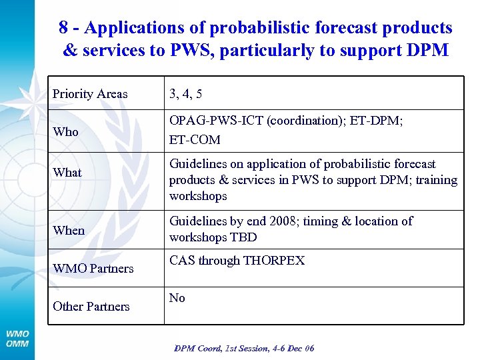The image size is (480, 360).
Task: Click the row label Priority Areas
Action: (x=90, y=94)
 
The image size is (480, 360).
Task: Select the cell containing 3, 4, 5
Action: (x=186, y=94)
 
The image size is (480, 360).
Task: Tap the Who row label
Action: (x=66, y=132)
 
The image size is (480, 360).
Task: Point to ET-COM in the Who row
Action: (x=195, y=140)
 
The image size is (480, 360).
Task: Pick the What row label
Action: (x=67, y=173)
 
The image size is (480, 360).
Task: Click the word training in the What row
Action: (x=437, y=180)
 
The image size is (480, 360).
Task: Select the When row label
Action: (x=69, y=231)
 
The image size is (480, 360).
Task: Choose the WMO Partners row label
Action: (x=93, y=269)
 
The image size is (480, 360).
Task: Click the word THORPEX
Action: (x=273, y=261)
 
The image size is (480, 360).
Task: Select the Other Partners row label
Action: (x=91, y=307)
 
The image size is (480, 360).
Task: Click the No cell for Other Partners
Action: (x=177, y=298)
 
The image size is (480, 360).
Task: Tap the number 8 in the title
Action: (x=63, y=28)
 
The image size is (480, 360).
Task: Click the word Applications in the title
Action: (x=137, y=28)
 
